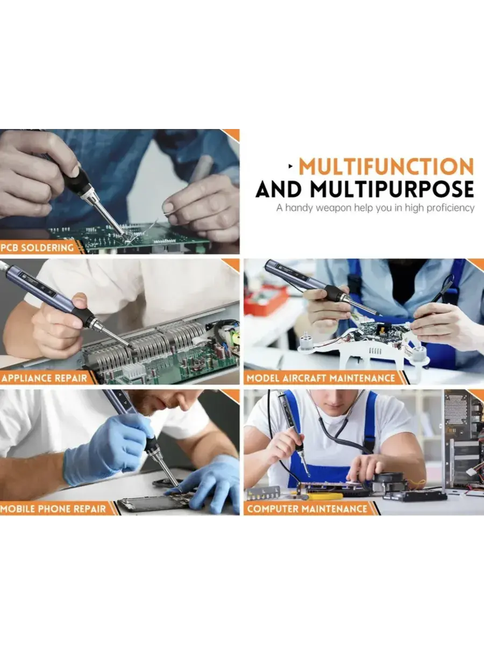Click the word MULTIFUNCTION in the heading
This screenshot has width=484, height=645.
(386, 167)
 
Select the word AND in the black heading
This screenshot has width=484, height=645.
(279, 189)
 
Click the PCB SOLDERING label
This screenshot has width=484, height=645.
(37, 248)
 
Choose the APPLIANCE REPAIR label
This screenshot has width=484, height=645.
(44, 378)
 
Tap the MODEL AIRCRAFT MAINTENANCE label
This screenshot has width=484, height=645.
(321, 378)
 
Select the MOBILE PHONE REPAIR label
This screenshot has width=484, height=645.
(53, 508)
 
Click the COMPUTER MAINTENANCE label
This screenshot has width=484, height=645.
(307, 508)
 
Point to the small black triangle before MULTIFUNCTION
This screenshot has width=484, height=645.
(290, 166)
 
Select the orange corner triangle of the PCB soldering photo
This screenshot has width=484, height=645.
(232, 134)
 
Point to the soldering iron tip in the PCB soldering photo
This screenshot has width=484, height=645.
(123, 233)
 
